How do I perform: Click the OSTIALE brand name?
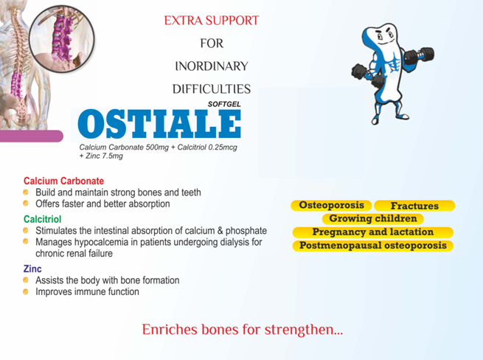159,124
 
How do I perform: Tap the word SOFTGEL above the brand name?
224,104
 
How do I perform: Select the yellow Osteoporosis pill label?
331,205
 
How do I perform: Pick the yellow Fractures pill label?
414,206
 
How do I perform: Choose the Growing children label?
372,219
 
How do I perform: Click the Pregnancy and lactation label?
372,232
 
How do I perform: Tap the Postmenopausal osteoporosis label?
372,246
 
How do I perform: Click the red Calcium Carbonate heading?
63,181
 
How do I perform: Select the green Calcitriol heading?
43,219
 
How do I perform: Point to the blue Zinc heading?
32,269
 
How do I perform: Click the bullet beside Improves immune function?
26,291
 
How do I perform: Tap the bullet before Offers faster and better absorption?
26,204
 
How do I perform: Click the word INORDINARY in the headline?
212,66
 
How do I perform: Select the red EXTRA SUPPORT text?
212,21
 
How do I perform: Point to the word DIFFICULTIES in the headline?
212,89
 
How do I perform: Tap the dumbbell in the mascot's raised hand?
419,56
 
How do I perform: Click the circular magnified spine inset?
62,38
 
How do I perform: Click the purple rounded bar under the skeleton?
32,136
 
